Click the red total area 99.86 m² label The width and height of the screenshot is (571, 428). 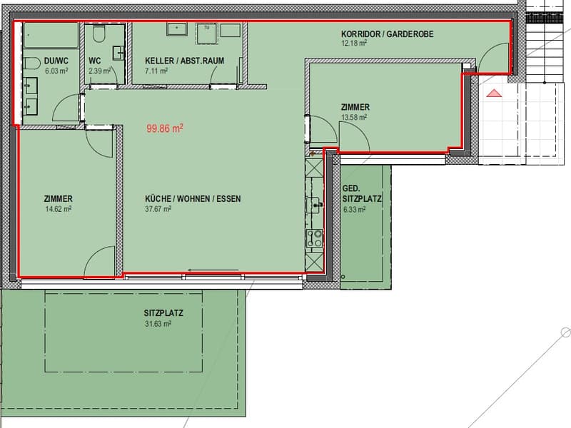(x=165, y=128)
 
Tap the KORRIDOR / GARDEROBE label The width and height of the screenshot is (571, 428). (x=387, y=34)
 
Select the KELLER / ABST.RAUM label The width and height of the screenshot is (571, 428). (x=184, y=61)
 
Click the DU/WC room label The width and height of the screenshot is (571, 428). (x=56, y=61)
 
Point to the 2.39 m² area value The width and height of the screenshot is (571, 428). (x=100, y=71)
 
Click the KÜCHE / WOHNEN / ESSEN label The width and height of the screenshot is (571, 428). (x=193, y=199)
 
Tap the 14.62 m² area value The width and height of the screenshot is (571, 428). (x=58, y=209)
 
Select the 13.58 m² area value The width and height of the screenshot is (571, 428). (x=353, y=117)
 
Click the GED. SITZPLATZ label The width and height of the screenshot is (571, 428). (x=362, y=193)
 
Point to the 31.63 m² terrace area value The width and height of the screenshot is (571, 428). (x=158, y=324)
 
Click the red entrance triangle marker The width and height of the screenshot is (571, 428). (x=494, y=93)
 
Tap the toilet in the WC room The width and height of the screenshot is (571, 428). (x=99, y=33)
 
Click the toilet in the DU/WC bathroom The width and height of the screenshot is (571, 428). (x=31, y=63)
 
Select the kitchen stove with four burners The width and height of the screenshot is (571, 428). (x=314, y=238)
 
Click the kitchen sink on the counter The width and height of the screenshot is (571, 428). (x=313, y=205)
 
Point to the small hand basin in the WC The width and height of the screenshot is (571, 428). (x=118, y=53)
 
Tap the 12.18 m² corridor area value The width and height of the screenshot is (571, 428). (x=353, y=44)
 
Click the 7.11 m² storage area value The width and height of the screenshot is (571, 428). (x=156, y=71)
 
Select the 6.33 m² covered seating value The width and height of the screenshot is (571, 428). (x=354, y=209)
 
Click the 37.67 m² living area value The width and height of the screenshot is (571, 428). (x=158, y=209)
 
